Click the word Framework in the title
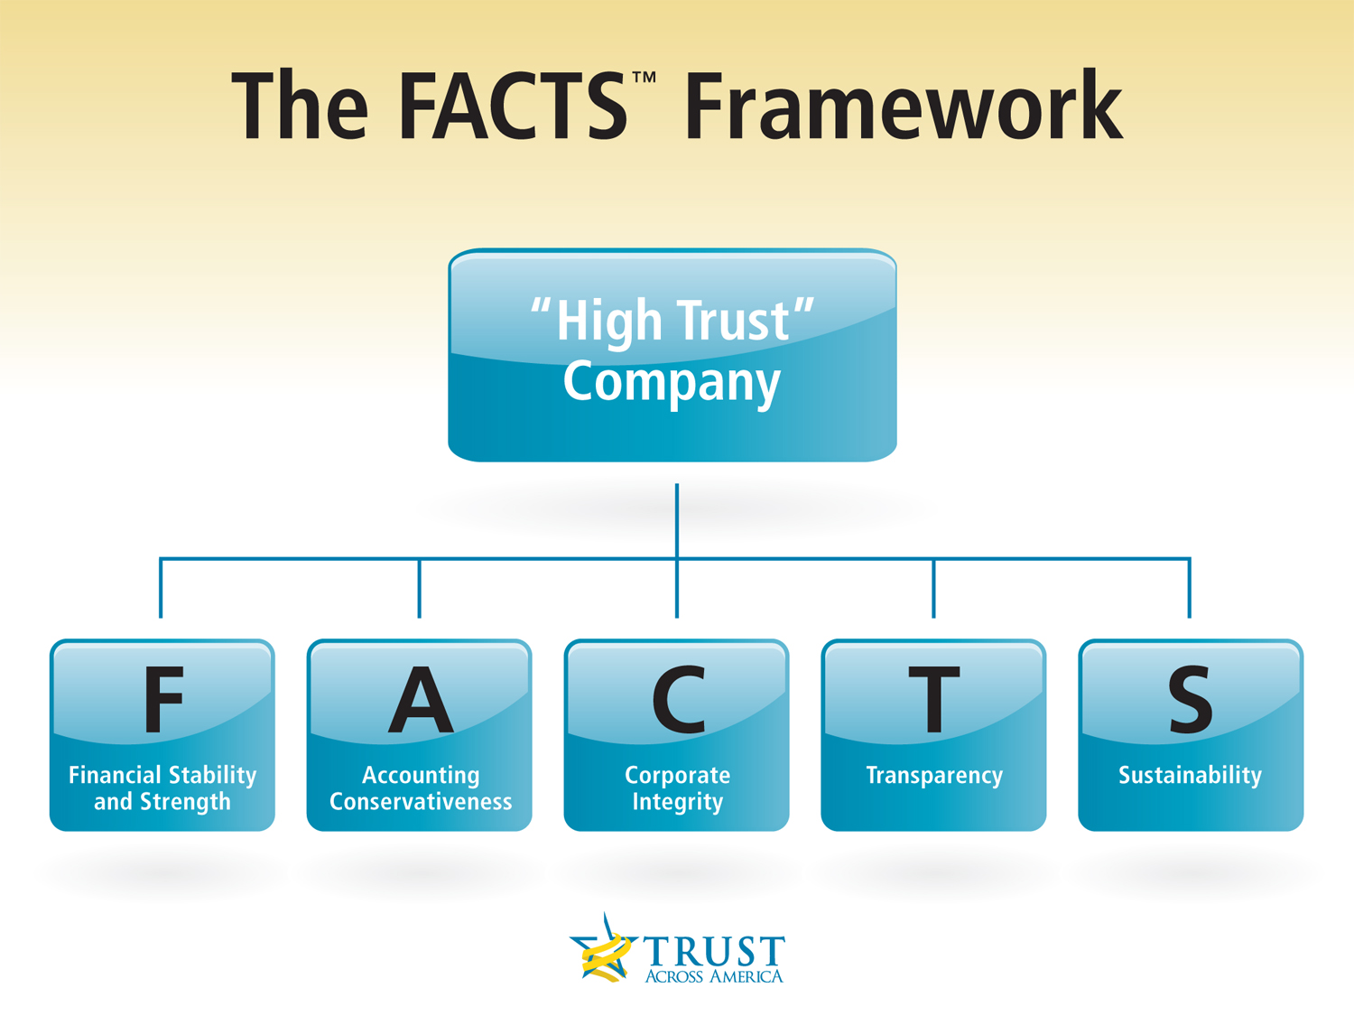coord(903,105)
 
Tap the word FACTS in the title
coord(514,105)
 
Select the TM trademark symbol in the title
coord(644,77)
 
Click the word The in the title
coord(300,105)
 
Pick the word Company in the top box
coord(672,383)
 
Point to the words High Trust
coord(672,321)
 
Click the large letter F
coord(163,700)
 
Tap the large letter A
coord(420,700)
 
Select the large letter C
coord(678,700)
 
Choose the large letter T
coord(934,700)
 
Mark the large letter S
coord(1191,700)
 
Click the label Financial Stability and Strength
coord(162,788)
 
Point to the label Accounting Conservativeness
coord(420,788)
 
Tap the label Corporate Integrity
coord(677,788)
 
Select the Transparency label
coord(934,776)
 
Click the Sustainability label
coord(1190,776)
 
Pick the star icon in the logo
coord(603,950)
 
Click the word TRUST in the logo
coord(714,951)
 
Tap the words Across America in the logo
coord(714,976)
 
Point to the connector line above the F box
coord(161,588)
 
